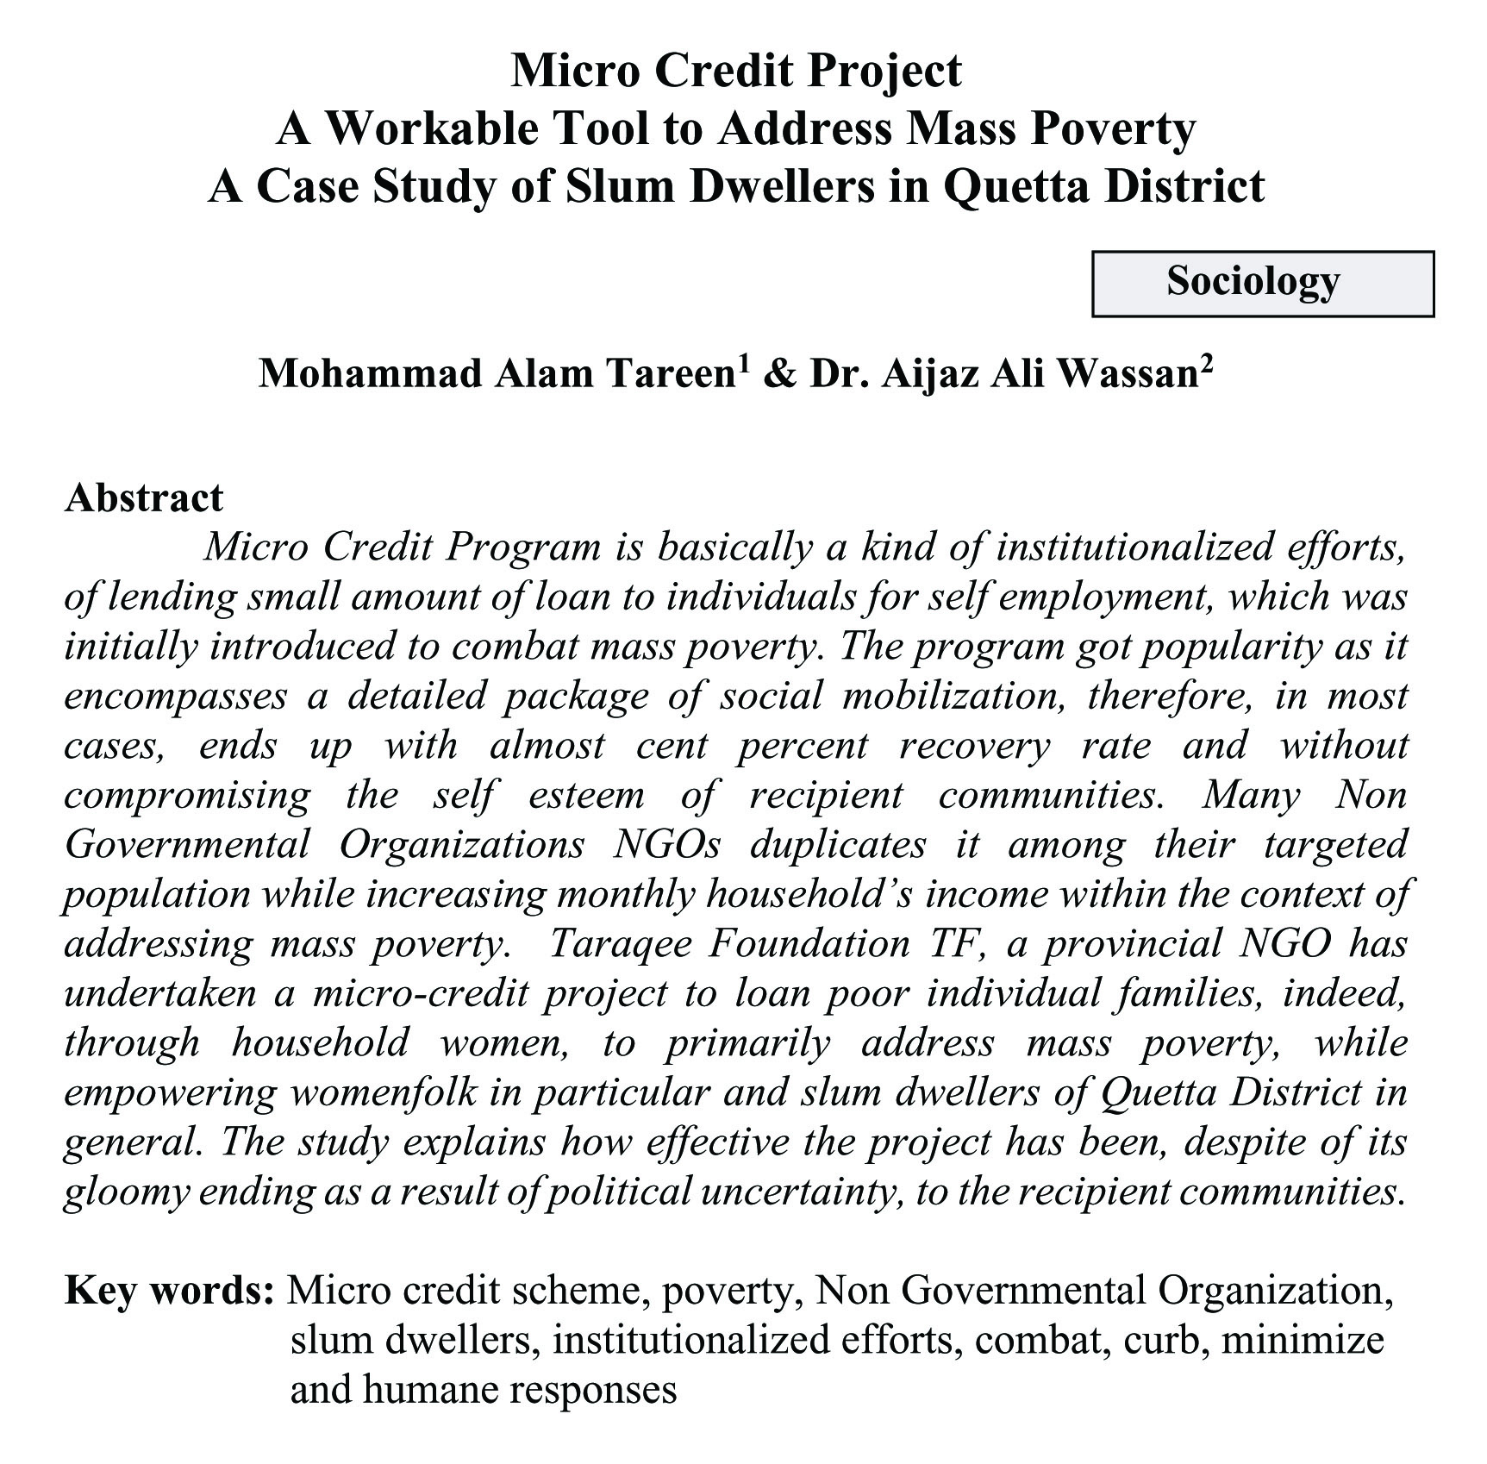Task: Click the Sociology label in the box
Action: coord(1253,282)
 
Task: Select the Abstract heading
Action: coord(144,497)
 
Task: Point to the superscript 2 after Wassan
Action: coord(1206,363)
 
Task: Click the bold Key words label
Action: coord(169,1291)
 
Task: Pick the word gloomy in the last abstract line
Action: coord(126,1192)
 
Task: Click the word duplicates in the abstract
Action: coord(837,844)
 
